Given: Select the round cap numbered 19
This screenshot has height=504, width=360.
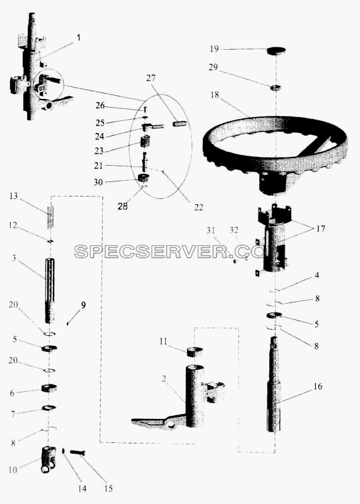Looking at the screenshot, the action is [x=276, y=50].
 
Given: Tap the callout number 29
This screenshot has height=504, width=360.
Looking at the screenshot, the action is [x=213, y=67].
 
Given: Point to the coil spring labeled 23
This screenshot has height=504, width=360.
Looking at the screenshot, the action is [x=146, y=142].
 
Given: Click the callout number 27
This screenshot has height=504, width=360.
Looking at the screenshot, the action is [x=151, y=78].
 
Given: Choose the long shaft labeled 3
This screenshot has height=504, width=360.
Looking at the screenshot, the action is [x=50, y=290].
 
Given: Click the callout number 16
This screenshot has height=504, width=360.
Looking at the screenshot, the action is [x=318, y=386].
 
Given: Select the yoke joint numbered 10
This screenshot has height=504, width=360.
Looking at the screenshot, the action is [x=49, y=459].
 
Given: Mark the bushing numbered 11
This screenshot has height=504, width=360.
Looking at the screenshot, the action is [x=195, y=352].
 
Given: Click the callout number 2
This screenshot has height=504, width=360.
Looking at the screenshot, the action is [x=164, y=379].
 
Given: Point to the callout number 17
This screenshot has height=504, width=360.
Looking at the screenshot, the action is [x=320, y=229].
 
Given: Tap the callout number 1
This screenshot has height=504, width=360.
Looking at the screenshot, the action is [x=79, y=38].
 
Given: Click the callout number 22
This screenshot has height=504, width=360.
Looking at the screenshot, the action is [x=199, y=207].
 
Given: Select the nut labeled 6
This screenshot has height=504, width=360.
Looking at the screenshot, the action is [x=49, y=388].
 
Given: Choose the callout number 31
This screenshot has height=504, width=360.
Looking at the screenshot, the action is [x=211, y=230].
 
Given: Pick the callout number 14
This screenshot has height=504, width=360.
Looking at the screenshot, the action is [x=82, y=489].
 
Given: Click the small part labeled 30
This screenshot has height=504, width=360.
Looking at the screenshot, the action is [x=143, y=178].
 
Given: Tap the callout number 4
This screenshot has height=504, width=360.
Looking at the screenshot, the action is [x=317, y=275].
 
